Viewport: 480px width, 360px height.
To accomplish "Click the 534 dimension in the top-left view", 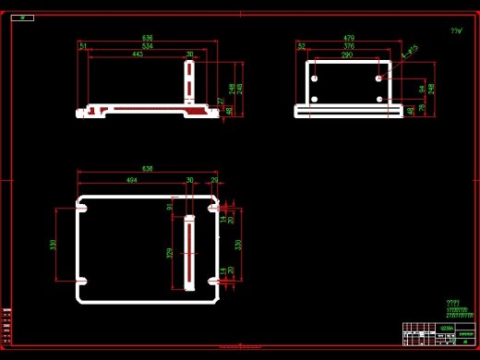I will coord(147,45).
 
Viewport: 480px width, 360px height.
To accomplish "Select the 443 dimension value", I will coord(138,54).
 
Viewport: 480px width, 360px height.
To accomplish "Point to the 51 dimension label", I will coord(83,45).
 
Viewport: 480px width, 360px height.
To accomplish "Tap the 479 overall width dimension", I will coord(349,38).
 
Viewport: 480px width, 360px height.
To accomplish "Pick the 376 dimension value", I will coord(349,45).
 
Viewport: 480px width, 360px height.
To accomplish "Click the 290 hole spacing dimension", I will coord(347,54).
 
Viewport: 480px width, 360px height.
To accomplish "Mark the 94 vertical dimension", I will coord(422,90).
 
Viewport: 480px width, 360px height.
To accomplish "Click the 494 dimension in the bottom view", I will coord(131,181).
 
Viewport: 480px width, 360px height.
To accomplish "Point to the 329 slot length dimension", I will coord(169,253).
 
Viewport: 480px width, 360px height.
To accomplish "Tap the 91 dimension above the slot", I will coord(170,207).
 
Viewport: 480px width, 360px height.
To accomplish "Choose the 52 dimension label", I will coord(302,45).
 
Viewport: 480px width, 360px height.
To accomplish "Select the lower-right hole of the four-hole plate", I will coord(379,97).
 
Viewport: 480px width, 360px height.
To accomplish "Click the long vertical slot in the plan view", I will coord(190,251).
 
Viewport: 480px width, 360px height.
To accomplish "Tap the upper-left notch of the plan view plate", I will coord(81,210).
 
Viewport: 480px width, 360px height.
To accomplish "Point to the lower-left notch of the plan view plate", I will coord(81,279).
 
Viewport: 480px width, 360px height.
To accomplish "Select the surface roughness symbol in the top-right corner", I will coord(455,31).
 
